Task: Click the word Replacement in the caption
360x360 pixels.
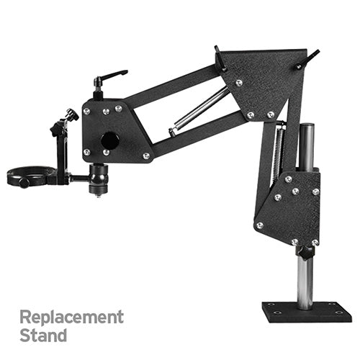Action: click(x=71, y=317)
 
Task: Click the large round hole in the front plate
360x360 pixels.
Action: click(x=109, y=140)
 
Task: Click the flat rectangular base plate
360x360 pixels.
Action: click(x=306, y=312)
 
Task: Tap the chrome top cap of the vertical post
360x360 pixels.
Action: click(x=306, y=128)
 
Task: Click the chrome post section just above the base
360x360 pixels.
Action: click(x=305, y=281)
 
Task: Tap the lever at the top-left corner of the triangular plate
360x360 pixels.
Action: click(x=219, y=56)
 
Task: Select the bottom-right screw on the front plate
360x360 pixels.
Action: click(x=146, y=156)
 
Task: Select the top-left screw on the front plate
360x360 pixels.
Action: click(x=86, y=111)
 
